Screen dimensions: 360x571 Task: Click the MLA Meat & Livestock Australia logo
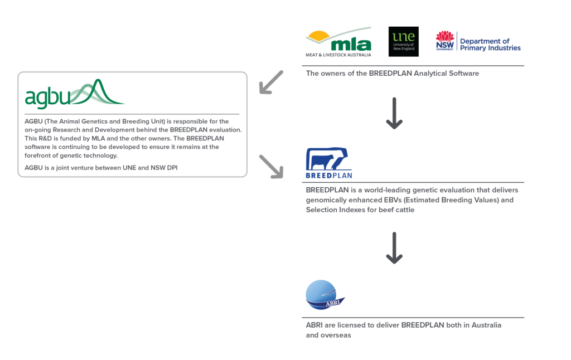click(x=338, y=42)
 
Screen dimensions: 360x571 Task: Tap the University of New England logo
click(x=403, y=42)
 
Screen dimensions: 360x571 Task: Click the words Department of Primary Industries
click(x=490, y=45)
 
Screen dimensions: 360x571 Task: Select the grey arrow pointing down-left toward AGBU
click(x=271, y=82)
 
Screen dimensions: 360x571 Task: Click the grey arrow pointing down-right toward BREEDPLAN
click(x=271, y=166)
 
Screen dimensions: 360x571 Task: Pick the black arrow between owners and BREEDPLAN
click(x=394, y=113)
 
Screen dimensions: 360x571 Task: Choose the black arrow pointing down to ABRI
click(x=394, y=247)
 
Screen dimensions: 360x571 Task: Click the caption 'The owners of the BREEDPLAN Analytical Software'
click(x=392, y=74)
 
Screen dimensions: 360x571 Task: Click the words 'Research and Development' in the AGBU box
click(x=108, y=129)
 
